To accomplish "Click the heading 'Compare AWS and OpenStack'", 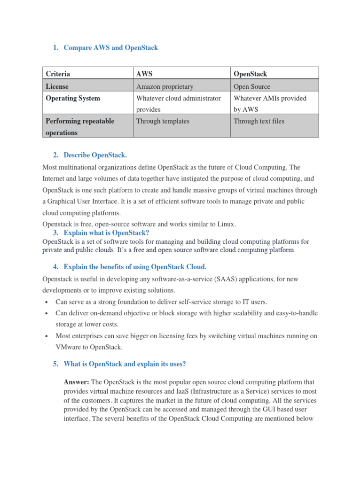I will [110, 47].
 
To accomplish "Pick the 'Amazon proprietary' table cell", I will [165, 86].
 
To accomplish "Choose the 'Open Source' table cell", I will [252, 86].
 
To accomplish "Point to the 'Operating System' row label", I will [73, 98].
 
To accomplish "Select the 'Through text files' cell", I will [259, 121].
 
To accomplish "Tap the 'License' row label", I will [57, 86].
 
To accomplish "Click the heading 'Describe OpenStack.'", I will [95, 155].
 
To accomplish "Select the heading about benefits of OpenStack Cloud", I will [135, 267].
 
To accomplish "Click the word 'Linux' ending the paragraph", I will [225, 224].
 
